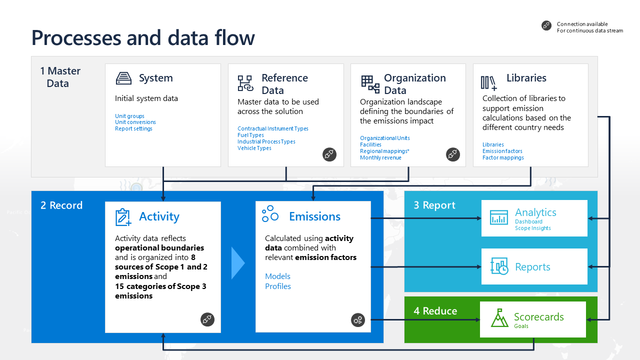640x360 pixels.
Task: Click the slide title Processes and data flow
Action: click(143, 37)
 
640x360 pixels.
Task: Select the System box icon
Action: click(123, 78)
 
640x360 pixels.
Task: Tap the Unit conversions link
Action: click(135, 122)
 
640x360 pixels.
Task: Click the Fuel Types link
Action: click(250, 135)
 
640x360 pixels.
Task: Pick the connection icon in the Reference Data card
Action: click(329, 154)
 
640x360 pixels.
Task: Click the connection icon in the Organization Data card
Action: click(452, 154)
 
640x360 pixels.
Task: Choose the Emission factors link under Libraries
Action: click(502, 151)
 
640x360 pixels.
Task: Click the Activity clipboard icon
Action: click(123, 217)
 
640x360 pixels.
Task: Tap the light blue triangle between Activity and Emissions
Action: click(238, 263)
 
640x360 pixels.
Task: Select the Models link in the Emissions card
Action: click(277, 276)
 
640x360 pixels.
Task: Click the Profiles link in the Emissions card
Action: click(278, 286)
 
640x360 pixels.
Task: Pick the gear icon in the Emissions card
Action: click(358, 320)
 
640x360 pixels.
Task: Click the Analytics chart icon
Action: click(498, 217)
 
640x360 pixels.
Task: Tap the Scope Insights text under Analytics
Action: click(532, 228)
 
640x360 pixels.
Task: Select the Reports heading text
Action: click(532, 267)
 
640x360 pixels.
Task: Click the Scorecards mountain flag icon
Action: click(499, 318)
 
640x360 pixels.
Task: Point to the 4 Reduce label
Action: click(435, 311)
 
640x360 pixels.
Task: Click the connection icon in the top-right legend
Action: click(546, 26)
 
